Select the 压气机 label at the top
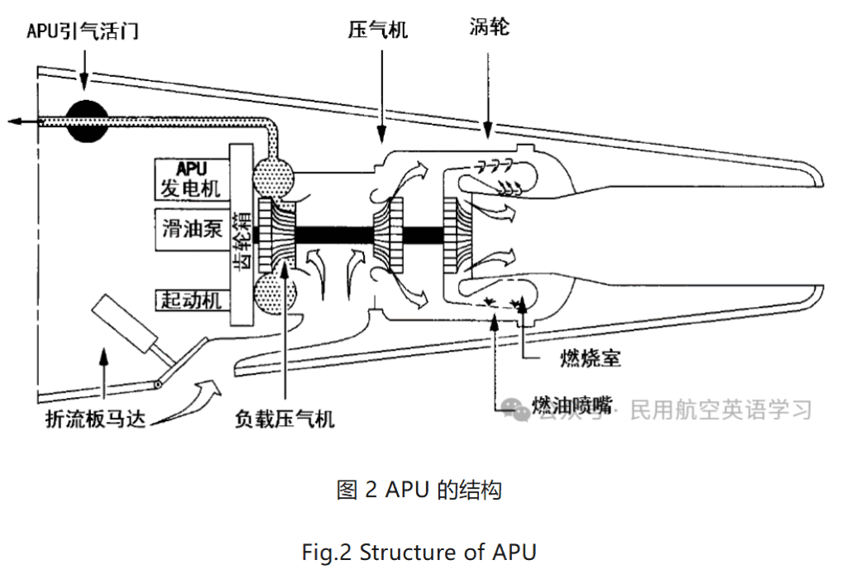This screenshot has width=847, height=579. click(378, 31)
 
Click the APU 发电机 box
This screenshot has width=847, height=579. click(189, 179)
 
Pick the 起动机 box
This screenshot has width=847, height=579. click(189, 299)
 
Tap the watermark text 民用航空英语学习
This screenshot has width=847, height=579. click(720, 409)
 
